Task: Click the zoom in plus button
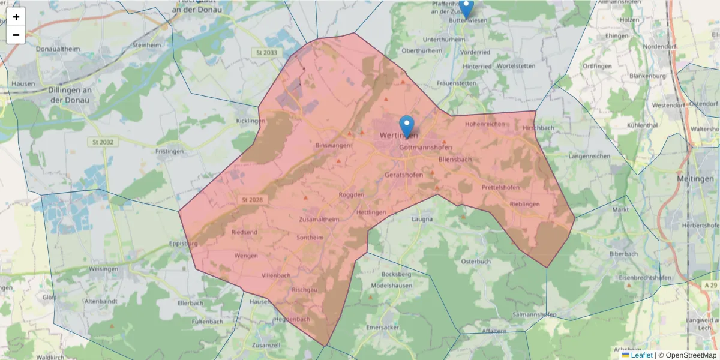tap(16, 17)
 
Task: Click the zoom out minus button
tap(16, 35)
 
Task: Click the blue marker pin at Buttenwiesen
tap(466, 8)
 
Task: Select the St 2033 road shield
tap(266, 53)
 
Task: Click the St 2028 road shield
tap(252, 199)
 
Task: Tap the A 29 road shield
tap(711, 283)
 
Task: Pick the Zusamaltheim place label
tap(319, 220)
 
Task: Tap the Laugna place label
tap(422, 220)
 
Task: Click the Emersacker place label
tap(382, 328)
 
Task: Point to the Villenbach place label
tap(276, 275)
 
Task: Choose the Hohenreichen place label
tap(485, 124)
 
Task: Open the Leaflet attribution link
tap(641, 355)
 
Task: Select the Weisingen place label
tap(104, 269)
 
